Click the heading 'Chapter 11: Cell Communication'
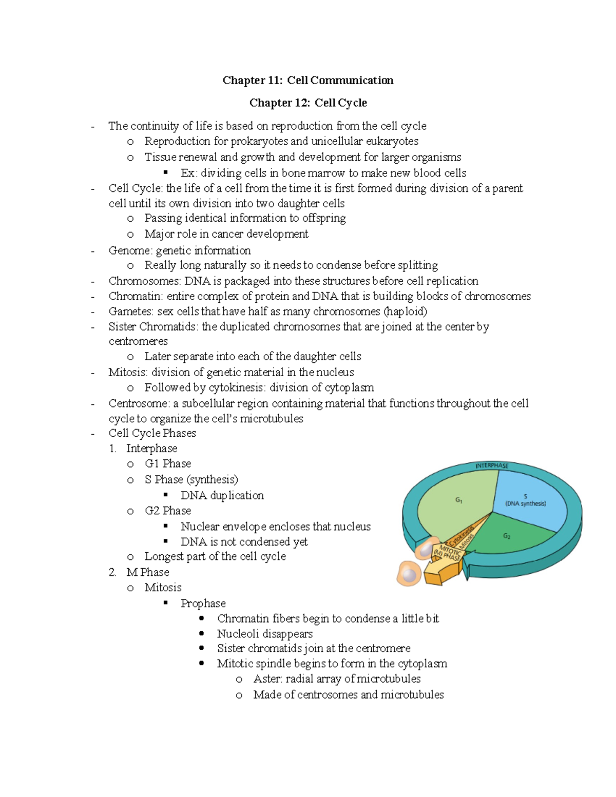point(307,80)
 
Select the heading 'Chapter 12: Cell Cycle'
point(308,103)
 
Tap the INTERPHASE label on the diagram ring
point(491,465)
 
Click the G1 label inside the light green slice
point(459,500)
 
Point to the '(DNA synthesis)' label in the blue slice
point(525,503)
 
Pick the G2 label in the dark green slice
point(507,536)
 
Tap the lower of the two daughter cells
point(409,573)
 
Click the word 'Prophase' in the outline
point(203,604)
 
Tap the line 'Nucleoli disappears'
point(264,634)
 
